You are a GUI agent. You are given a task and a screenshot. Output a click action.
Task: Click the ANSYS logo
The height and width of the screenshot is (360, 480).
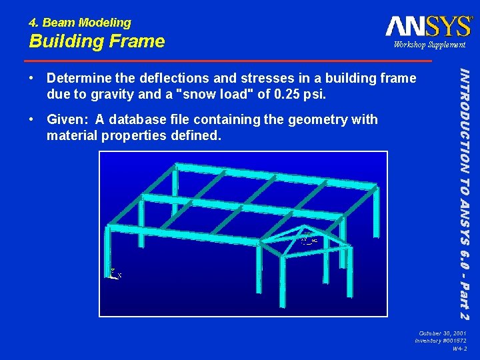428,26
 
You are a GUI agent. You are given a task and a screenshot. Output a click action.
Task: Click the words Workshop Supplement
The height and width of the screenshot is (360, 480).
429,45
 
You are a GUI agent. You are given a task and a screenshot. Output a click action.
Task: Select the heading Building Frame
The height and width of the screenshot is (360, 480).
97,41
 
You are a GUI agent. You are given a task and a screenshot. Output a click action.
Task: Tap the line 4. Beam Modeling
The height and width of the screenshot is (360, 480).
80,23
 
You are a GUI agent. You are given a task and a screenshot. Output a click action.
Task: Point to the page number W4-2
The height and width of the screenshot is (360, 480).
459,348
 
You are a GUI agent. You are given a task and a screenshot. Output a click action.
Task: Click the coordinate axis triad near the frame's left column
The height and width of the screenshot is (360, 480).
114,273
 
